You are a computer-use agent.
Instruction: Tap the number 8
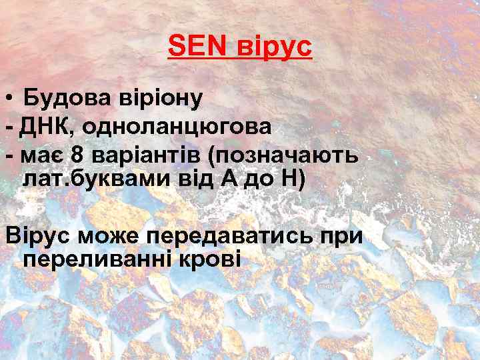pos(78,155)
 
